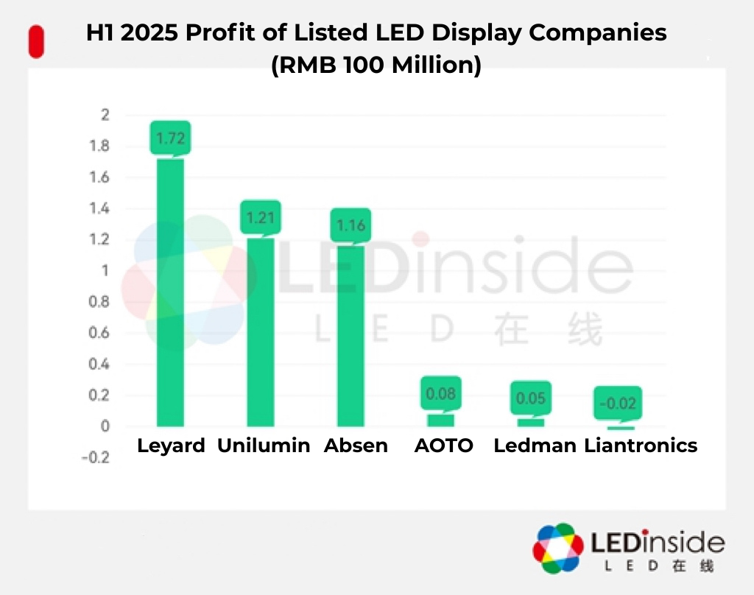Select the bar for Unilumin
coord(261,331)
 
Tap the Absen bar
coord(350,336)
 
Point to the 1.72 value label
coord(170,137)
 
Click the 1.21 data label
coord(261,217)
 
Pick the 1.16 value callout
coord(350,225)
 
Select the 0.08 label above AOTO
coord(441,394)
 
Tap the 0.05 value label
coord(531,398)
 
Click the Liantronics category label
coord(641,446)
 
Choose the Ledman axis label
coord(535,446)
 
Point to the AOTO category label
coord(444,446)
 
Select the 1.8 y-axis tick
coord(101,147)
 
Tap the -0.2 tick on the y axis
coord(98,457)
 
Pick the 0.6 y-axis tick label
coord(101,333)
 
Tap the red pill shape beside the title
coord(35,42)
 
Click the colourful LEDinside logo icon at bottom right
coord(558,549)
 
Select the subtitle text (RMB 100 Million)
coord(376,65)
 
